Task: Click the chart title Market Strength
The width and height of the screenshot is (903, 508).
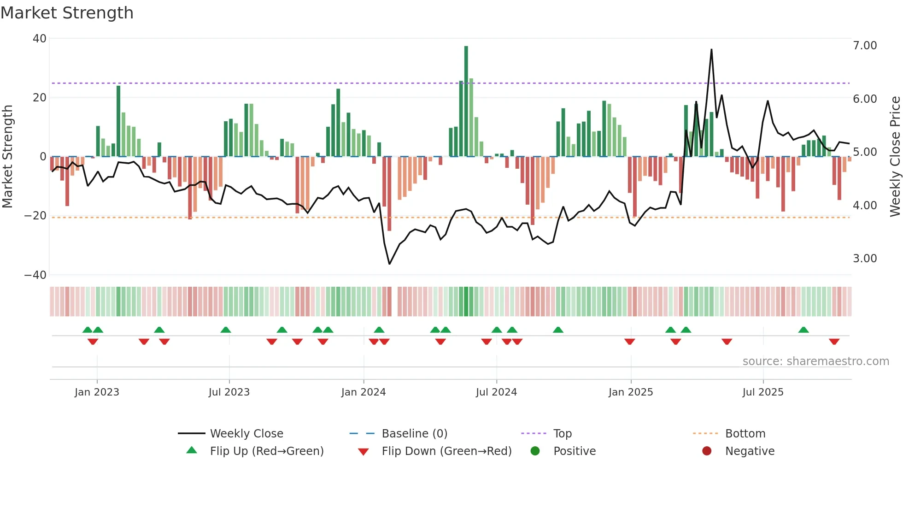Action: click(67, 13)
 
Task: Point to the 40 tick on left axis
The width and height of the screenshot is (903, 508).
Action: click(40, 39)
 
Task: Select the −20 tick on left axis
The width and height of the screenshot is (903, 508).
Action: click(35, 216)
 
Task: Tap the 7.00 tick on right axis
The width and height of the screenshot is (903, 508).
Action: click(865, 46)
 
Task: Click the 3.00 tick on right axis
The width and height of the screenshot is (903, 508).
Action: click(865, 259)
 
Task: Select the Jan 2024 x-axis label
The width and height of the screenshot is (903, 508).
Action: click(364, 392)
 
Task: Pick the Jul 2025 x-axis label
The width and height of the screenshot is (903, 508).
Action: click(763, 392)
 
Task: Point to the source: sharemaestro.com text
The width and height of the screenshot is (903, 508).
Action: click(815, 361)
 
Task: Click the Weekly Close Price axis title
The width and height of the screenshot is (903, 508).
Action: click(895, 157)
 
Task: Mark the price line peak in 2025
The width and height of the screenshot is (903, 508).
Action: click(711, 50)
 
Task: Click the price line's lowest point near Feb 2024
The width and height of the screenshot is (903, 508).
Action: click(389, 264)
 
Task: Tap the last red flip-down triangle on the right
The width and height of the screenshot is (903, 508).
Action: click(834, 342)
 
